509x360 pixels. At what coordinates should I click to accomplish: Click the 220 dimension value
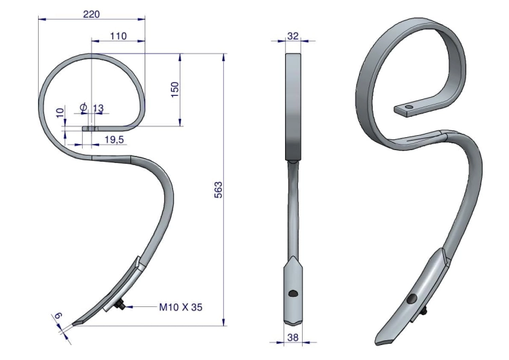tap(92, 14)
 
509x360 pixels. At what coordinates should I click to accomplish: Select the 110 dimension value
tap(118, 36)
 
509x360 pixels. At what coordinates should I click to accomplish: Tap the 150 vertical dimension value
tap(174, 90)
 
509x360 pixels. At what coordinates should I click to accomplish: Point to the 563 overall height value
tap(219, 190)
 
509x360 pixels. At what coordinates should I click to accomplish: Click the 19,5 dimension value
tap(114, 140)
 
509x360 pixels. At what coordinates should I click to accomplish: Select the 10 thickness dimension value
tap(60, 113)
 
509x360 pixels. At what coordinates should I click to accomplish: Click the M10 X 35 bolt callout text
tap(181, 307)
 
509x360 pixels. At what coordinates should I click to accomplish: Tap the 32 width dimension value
tap(293, 36)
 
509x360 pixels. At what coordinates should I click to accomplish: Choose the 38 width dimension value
tap(293, 338)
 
